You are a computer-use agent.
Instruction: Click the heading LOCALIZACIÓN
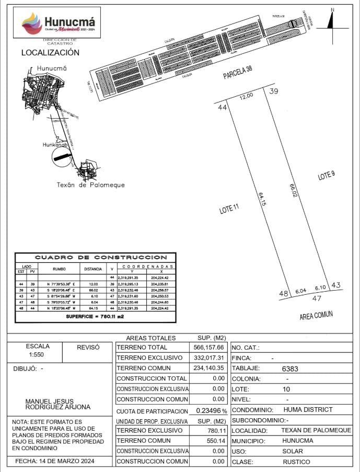coord(50,53)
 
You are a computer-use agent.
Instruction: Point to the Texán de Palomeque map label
coord(90,185)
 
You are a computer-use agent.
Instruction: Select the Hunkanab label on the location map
coord(56,144)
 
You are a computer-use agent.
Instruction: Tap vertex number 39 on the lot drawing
coord(274,91)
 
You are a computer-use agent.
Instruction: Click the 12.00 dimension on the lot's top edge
coord(246,96)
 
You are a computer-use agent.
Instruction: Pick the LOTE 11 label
coord(229,209)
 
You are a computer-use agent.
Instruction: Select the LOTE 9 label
coord(326,176)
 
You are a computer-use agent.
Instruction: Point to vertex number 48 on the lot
coord(284,294)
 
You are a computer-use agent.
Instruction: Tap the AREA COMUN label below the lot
coord(316,315)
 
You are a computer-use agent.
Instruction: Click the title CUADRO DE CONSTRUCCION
coord(101,258)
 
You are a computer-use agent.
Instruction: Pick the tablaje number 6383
coord(290,369)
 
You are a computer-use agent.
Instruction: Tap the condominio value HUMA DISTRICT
coord(308,410)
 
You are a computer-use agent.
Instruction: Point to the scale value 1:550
coord(37,354)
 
